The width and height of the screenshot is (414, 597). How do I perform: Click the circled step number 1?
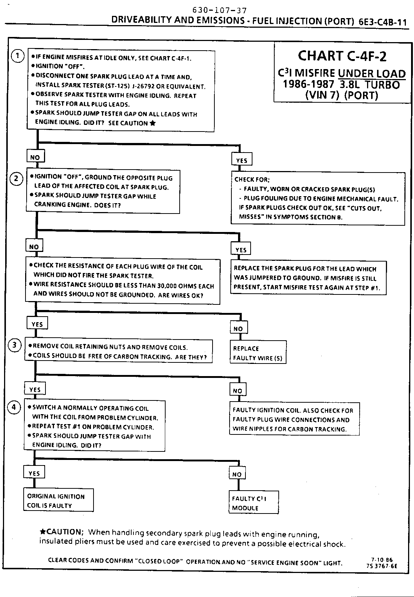tap(17, 56)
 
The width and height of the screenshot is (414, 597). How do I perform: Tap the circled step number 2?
tap(16, 179)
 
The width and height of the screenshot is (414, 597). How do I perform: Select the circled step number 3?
tap(15, 345)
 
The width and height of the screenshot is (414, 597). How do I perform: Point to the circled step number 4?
tap(14, 407)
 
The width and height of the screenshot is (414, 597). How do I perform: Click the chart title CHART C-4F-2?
tap(342, 56)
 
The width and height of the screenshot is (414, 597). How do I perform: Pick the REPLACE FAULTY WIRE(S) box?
tap(258, 353)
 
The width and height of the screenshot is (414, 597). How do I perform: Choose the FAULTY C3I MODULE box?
tap(254, 503)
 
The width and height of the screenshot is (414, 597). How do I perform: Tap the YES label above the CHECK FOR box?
tap(242, 160)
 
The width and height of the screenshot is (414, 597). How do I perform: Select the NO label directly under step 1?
tap(35, 157)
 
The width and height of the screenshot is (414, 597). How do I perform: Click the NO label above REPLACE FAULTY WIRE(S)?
tap(238, 328)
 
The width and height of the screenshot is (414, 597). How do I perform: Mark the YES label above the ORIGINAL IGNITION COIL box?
tap(34, 473)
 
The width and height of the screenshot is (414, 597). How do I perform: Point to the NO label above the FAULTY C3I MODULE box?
tap(237, 474)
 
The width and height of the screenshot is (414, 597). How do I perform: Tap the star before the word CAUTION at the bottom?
tap(43, 532)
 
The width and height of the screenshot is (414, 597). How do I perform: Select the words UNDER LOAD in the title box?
tap(371, 73)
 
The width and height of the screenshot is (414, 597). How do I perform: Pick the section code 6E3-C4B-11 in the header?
tap(383, 22)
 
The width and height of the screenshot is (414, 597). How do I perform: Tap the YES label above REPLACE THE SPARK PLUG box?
tap(241, 250)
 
